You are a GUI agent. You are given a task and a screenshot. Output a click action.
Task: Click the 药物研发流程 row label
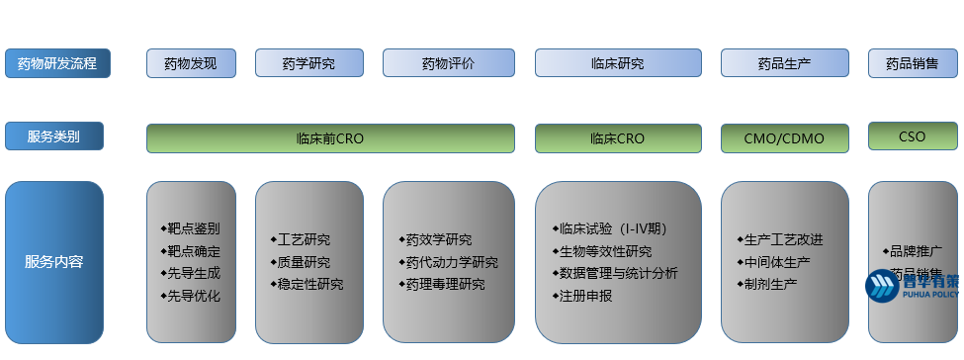point(57,63)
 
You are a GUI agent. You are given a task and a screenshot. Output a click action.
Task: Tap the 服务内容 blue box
point(53,262)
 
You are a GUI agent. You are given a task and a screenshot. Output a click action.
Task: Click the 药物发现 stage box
point(192,63)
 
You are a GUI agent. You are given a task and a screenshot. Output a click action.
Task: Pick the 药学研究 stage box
point(308,63)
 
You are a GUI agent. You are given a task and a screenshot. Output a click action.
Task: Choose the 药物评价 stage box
point(448,63)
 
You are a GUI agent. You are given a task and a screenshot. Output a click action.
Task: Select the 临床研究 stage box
point(618,63)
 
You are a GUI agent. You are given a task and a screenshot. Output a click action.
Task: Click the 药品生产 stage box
point(784,63)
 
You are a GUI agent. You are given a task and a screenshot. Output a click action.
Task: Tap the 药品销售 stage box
point(913,63)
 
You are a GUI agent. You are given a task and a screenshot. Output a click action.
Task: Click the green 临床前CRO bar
point(330,138)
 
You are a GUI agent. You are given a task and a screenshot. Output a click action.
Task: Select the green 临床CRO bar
point(618,138)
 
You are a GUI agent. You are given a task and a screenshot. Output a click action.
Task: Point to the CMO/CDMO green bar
point(784,138)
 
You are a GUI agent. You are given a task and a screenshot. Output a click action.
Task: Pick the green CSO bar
point(913,136)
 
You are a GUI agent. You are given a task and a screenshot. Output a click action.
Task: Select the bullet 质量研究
point(304,262)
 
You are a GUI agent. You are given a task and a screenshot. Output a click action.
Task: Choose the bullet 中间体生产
point(776,262)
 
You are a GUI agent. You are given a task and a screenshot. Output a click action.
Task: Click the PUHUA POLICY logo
point(912,285)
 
